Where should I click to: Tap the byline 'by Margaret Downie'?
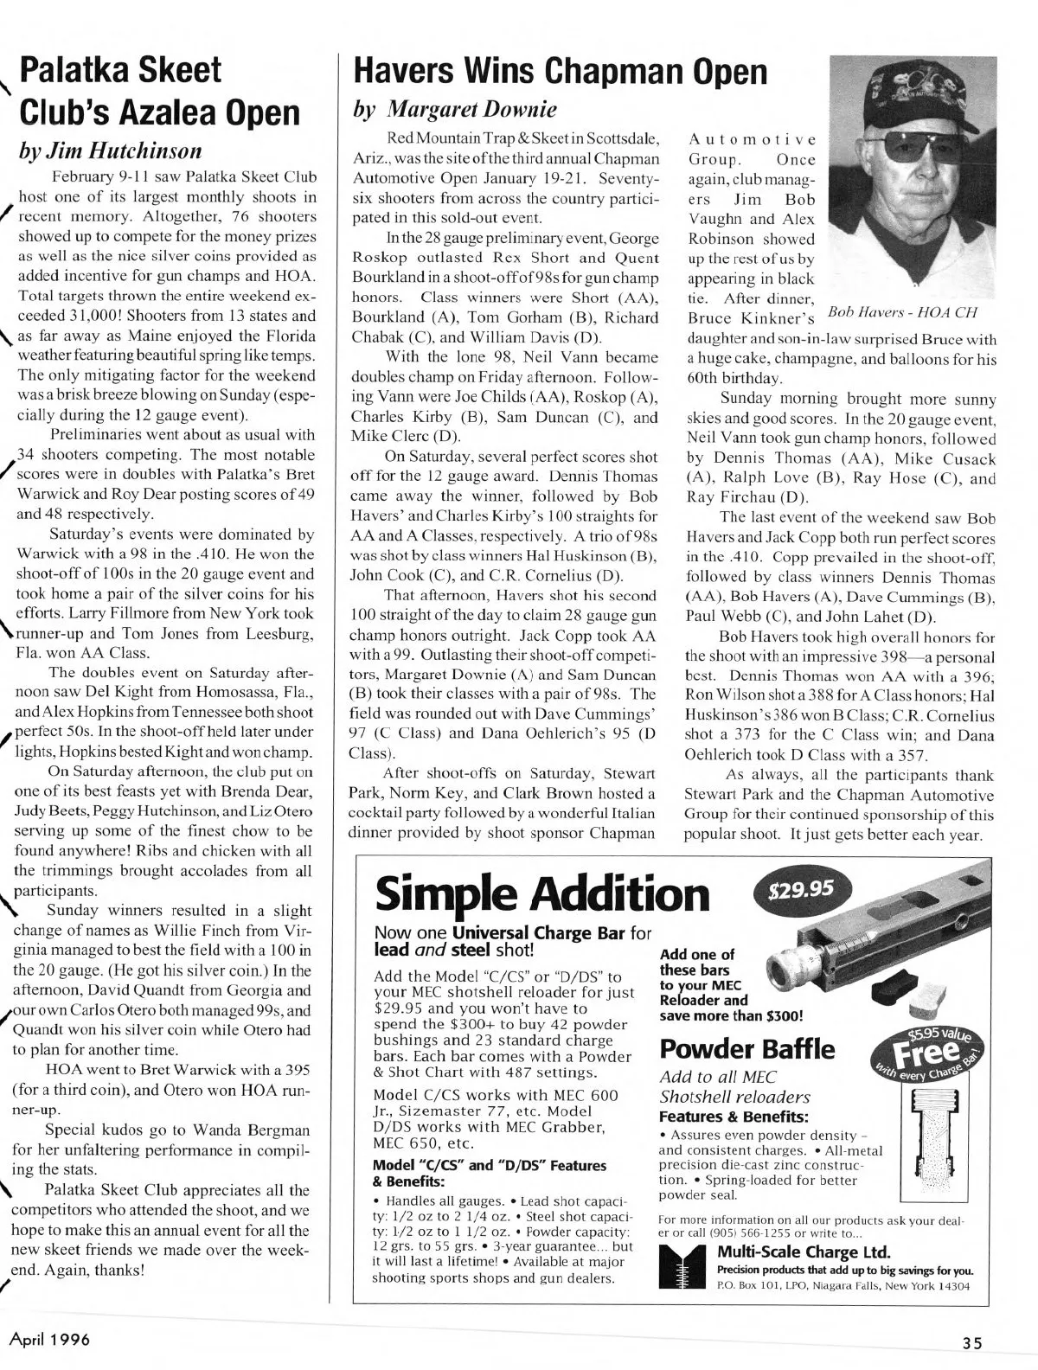click(452, 110)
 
